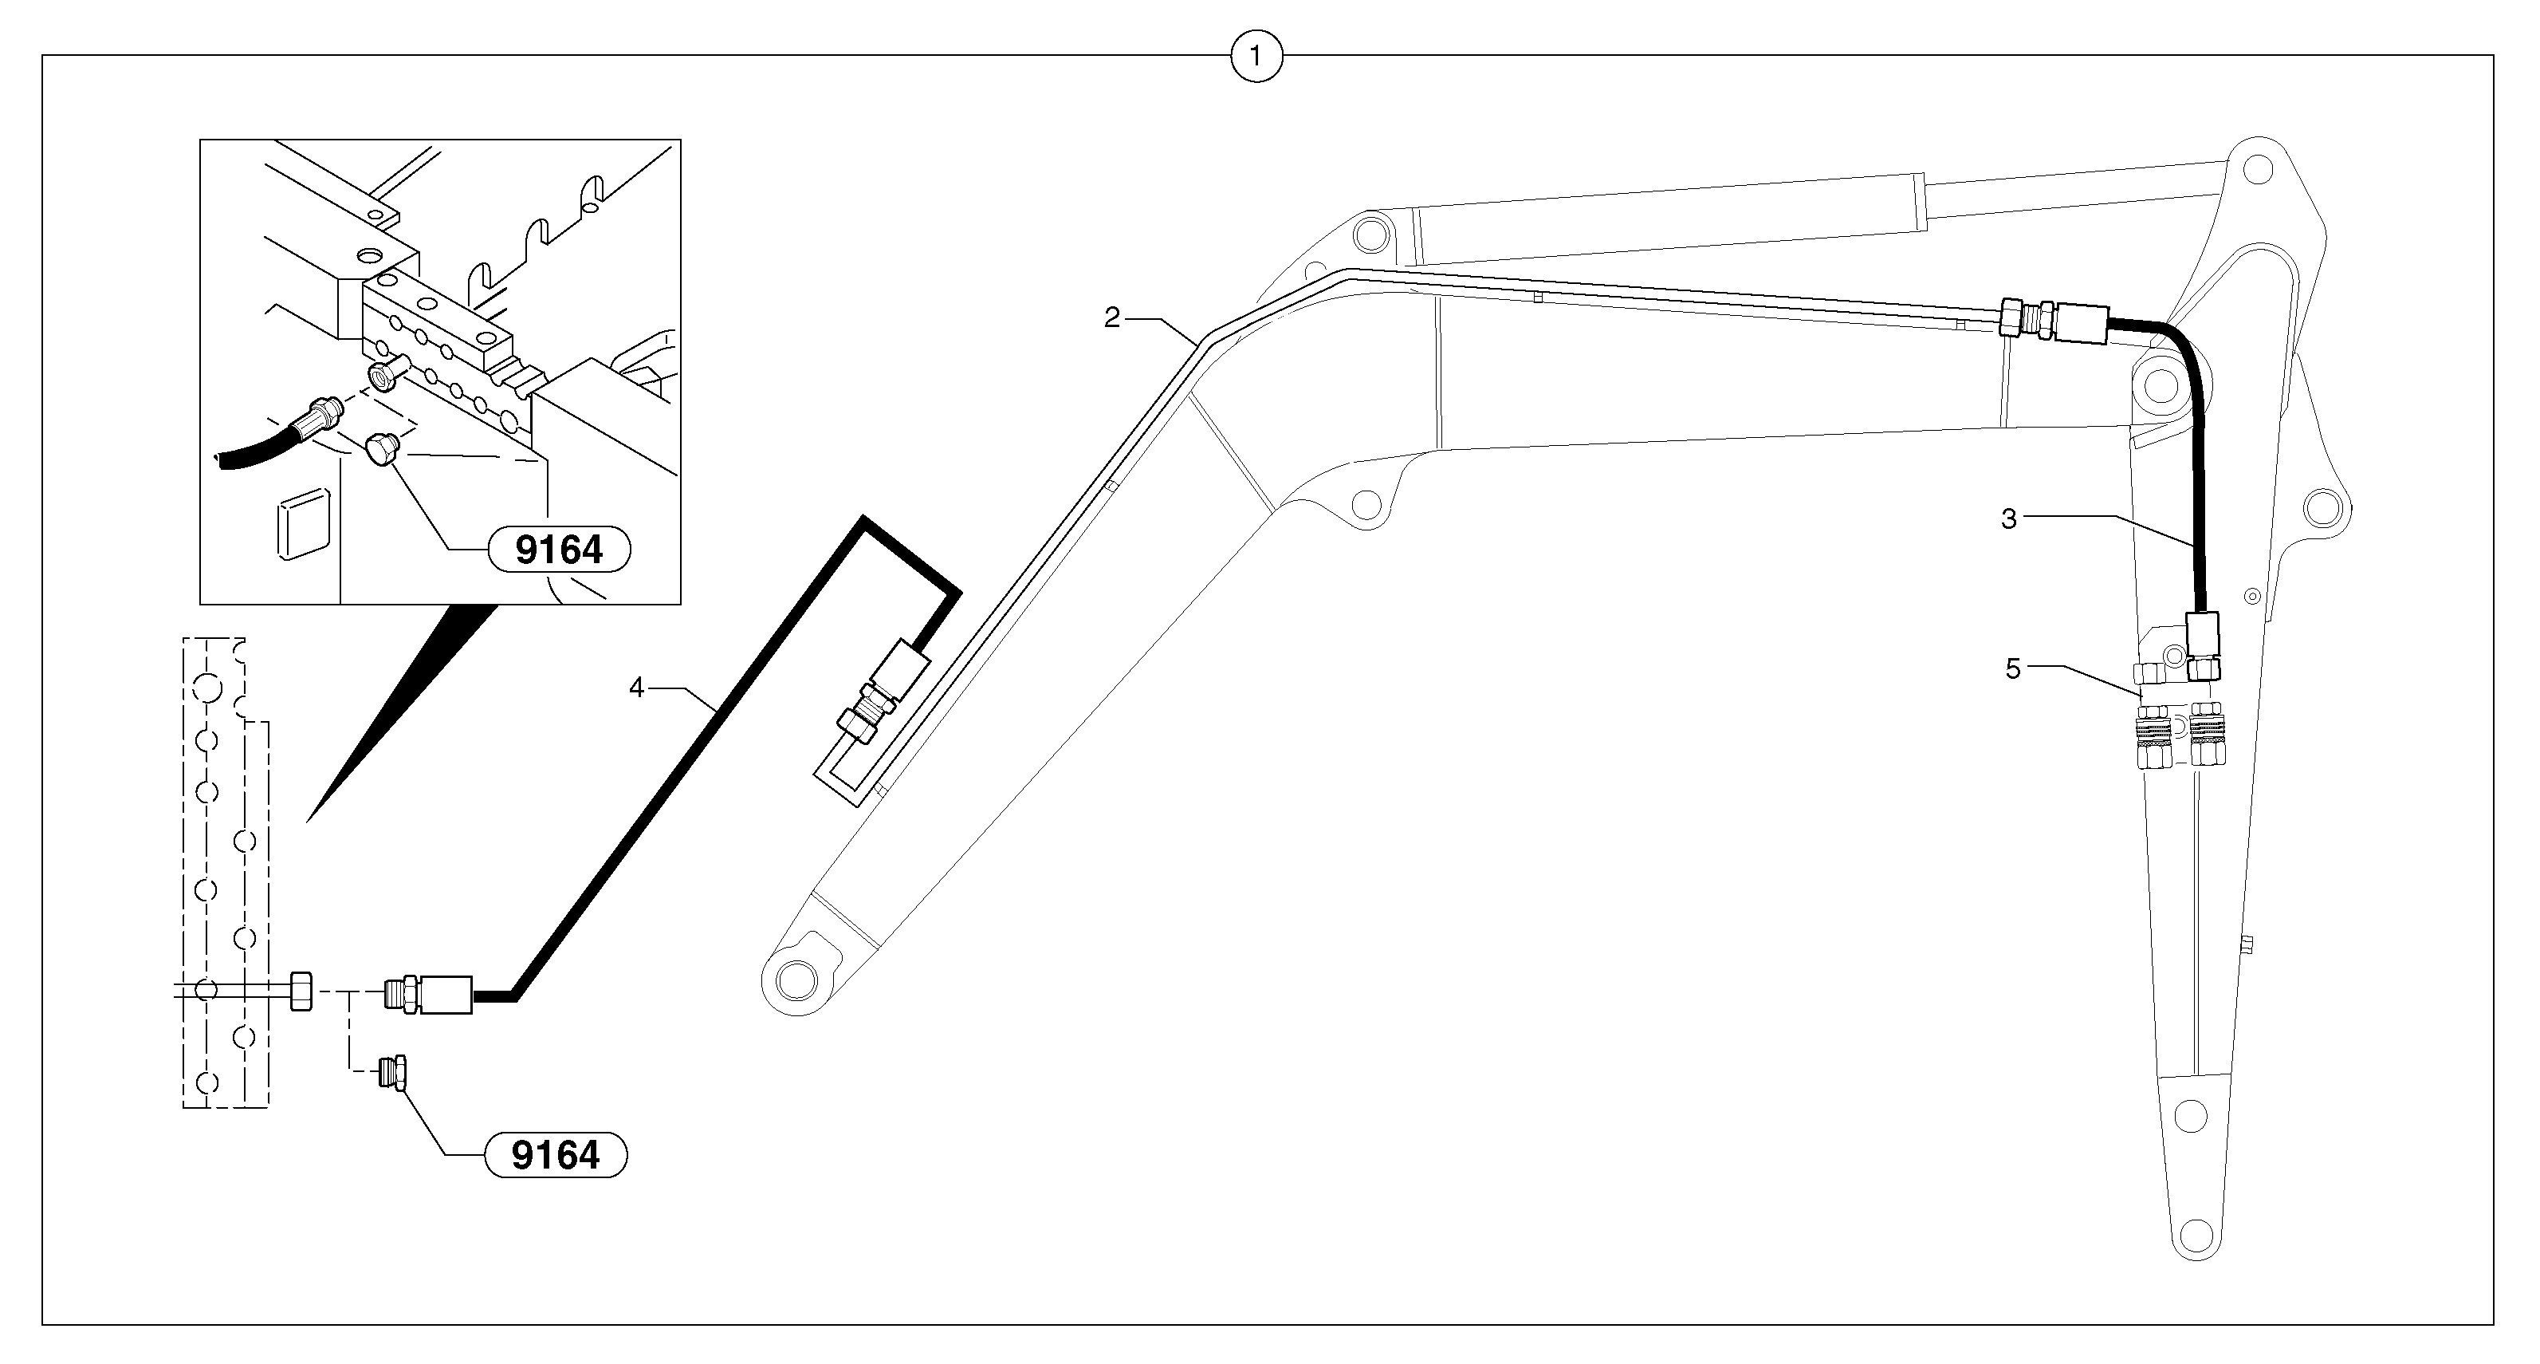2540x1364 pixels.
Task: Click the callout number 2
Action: (1111, 318)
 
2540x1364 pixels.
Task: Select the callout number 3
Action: (2008, 518)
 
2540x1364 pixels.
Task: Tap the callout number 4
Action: (636, 688)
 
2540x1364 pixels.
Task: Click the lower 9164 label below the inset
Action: (555, 1155)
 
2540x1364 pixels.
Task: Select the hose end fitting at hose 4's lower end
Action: (429, 993)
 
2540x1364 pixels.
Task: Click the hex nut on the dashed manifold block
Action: (301, 990)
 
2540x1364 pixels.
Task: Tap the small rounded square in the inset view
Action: (303, 524)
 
